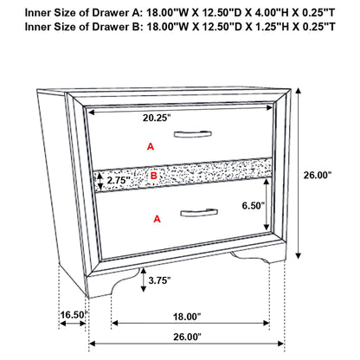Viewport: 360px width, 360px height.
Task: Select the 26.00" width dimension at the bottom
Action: [186, 336]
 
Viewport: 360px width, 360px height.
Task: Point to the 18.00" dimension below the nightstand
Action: [186, 316]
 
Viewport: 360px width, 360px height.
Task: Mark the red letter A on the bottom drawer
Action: [157, 219]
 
